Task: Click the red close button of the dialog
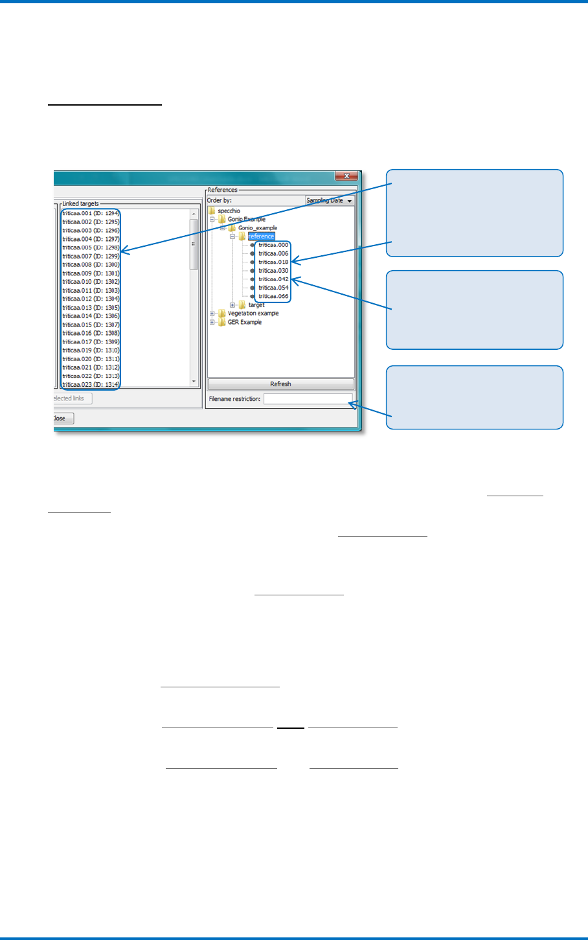[346, 176]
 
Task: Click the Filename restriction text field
[308, 398]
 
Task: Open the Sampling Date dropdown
[330, 201]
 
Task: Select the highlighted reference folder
[261, 236]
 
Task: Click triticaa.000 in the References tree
[273, 245]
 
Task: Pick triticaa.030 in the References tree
[273, 271]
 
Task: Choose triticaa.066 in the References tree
[273, 296]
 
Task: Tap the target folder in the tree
[256, 304]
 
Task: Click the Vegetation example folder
[253, 314]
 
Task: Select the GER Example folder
[244, 322]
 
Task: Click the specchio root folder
[229, 211]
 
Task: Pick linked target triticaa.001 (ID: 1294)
[91, 213]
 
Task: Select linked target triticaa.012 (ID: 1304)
[91, 299]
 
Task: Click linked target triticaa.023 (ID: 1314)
[91, 384]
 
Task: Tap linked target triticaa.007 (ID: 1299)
[91, 257]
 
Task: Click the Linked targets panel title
[80, 203]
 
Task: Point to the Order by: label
[219, 200]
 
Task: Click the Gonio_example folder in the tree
[257, 228]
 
